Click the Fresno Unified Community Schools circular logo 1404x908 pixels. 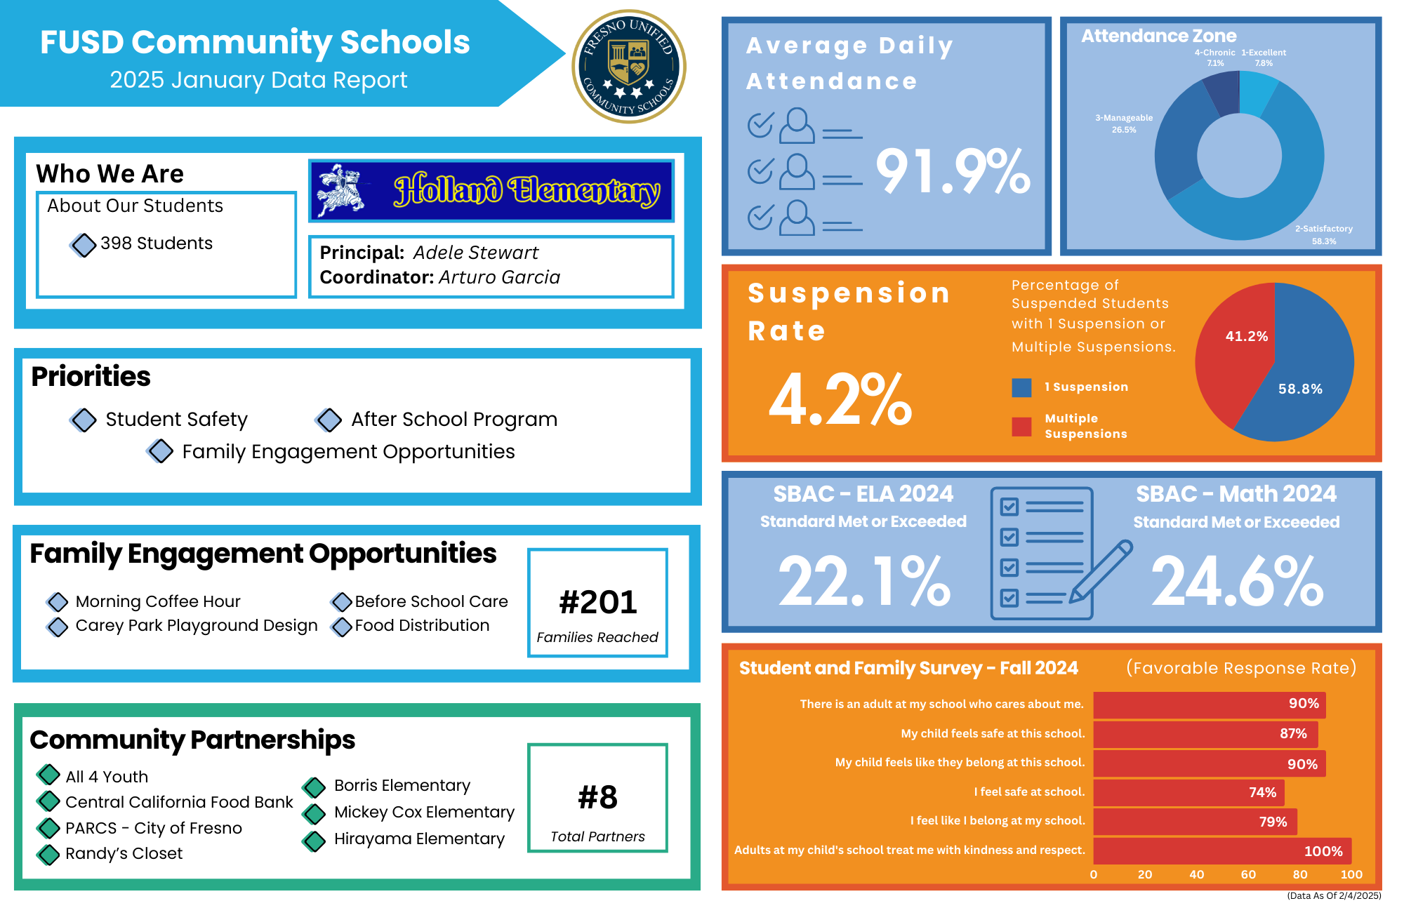point(628,67)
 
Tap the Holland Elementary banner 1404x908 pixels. point(491,191)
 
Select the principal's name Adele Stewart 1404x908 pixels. point(475,253)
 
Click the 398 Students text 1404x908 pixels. point(156,243)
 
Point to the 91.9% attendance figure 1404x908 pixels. point(953,171)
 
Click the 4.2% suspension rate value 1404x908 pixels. point(840,399)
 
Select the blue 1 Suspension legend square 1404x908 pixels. point(1021,387)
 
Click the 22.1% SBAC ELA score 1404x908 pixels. point(864,581)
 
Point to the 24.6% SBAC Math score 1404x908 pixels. point(1237,581)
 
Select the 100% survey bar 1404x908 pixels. point(1221,851)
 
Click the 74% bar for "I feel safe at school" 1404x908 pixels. point(1188,792)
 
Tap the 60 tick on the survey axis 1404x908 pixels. point(1248,874)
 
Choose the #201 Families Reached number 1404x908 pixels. point(597,602)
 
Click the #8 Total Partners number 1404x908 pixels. point(597,797)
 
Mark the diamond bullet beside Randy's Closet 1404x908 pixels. point(48,854)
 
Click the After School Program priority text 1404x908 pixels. point(454,420)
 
